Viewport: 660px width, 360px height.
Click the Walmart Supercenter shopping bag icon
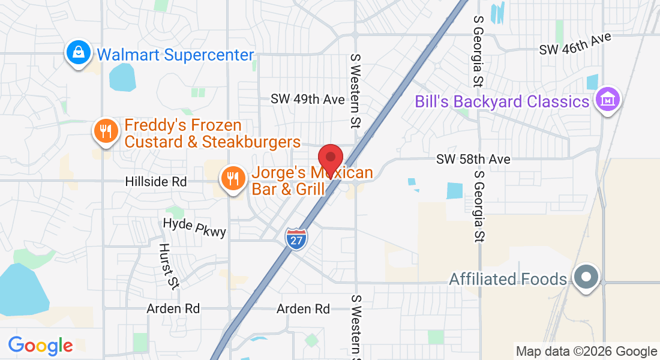pyautogui.click(x=79, y=53)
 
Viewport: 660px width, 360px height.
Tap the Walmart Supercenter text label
pyautogui.click(x=175, y=55)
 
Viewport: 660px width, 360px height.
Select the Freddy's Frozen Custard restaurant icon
pyautogui.click(x=106, y=131)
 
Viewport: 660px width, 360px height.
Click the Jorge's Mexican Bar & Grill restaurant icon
pyautogui.click(x=232, y=178)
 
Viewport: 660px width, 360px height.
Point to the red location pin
pyautogui.click(x=330, y=158)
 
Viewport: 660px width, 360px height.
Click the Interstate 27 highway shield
pyautogui.click(x=296, y=238)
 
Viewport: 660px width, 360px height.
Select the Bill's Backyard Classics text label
pyautogui.click(x=502, y=101)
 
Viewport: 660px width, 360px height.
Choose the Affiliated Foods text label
pyautogui.click(x=508, y=279)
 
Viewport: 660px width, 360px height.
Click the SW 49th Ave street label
pyautogui.click(x=308, y=99)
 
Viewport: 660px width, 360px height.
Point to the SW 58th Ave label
pyautogui.click(x=473, y=159)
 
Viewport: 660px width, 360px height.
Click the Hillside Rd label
pyautogui.click(x=156, y=181)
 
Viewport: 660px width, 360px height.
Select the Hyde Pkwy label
pyautogui.click(x=195, y=227)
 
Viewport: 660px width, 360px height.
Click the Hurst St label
pyautogui.click(x=169, y=266)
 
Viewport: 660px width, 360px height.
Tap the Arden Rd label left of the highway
pyautogui.click(x=173, y=308)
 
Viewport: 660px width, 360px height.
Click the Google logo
pyautogui.click(x=40, y=346)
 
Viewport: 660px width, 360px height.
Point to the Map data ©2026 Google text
pyautogui.click(x=587, y=352)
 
